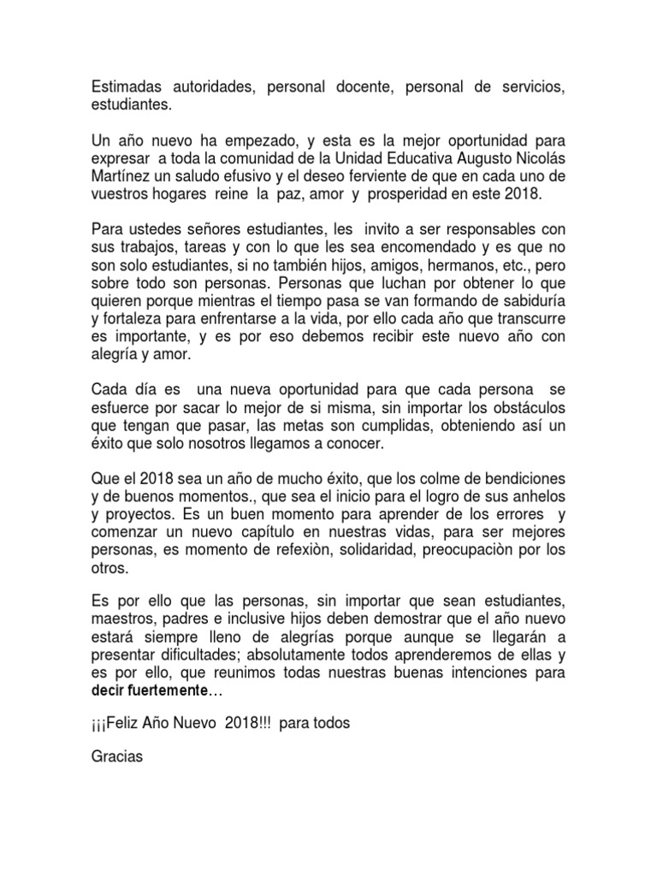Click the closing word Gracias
(119, 755)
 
